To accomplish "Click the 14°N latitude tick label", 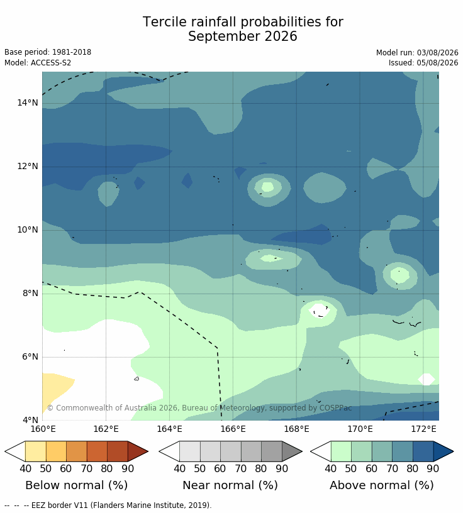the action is [28, 102].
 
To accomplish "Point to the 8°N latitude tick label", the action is [30, 293].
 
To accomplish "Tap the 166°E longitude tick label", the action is [233, 429].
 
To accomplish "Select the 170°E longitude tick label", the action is [360, 429].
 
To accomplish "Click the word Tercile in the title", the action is [165, 22].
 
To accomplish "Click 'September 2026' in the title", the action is [243, 36].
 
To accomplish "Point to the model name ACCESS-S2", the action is [51, 62].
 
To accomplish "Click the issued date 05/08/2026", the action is [437, 62].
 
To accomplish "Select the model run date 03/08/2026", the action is [437, 52].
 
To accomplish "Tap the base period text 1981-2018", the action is [72, 52].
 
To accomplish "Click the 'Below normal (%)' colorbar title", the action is [76, 485].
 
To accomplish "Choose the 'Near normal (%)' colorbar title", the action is [230, 485].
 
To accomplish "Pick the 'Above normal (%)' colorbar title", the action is [381, 485].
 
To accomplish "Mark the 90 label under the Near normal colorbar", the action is [282, 468].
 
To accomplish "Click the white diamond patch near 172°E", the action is [427, 379].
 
